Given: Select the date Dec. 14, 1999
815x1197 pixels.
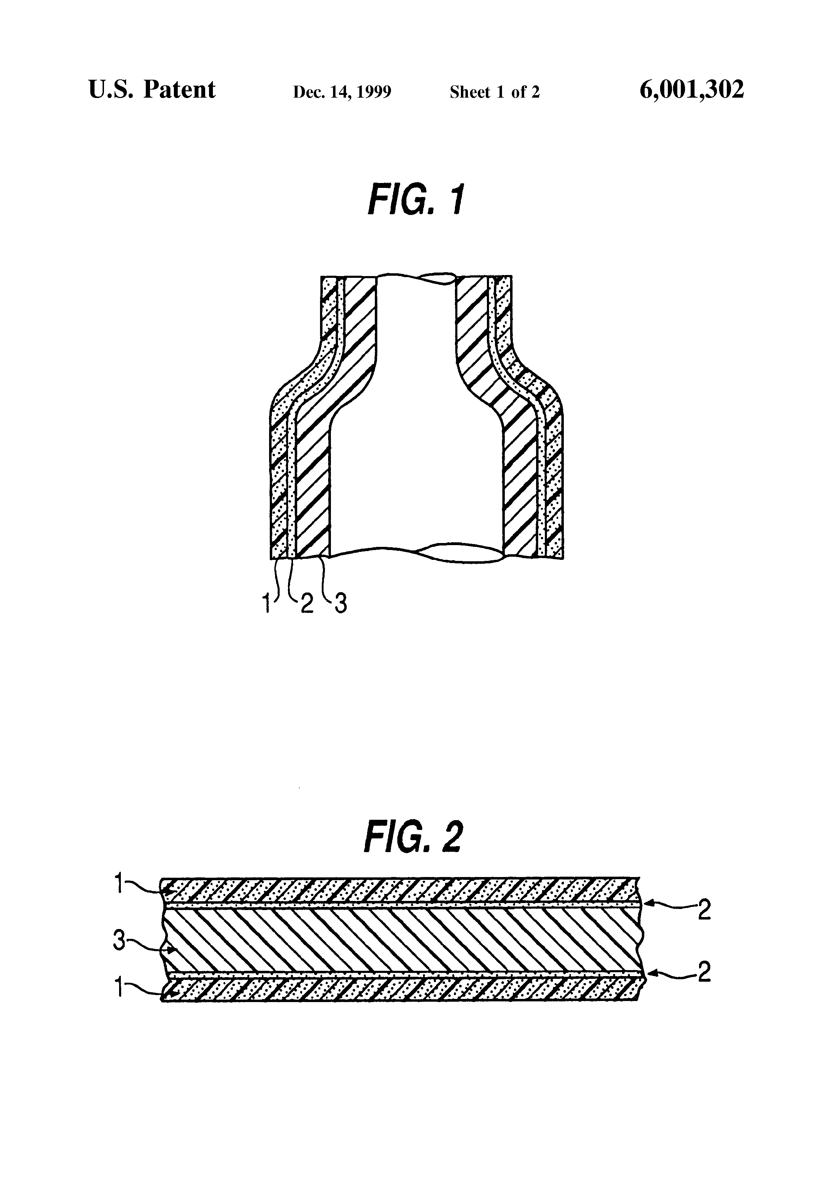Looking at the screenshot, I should coord(342,92).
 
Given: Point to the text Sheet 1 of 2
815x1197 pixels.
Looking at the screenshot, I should coord(495,92).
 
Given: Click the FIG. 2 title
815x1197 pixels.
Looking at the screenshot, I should coord(413,837).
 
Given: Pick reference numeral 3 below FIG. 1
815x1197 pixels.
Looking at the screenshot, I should coord(340,604).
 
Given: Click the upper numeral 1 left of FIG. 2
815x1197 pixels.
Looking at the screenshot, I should coord(118,884).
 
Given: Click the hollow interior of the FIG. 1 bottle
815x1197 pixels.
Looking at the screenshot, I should coord(416,438).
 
